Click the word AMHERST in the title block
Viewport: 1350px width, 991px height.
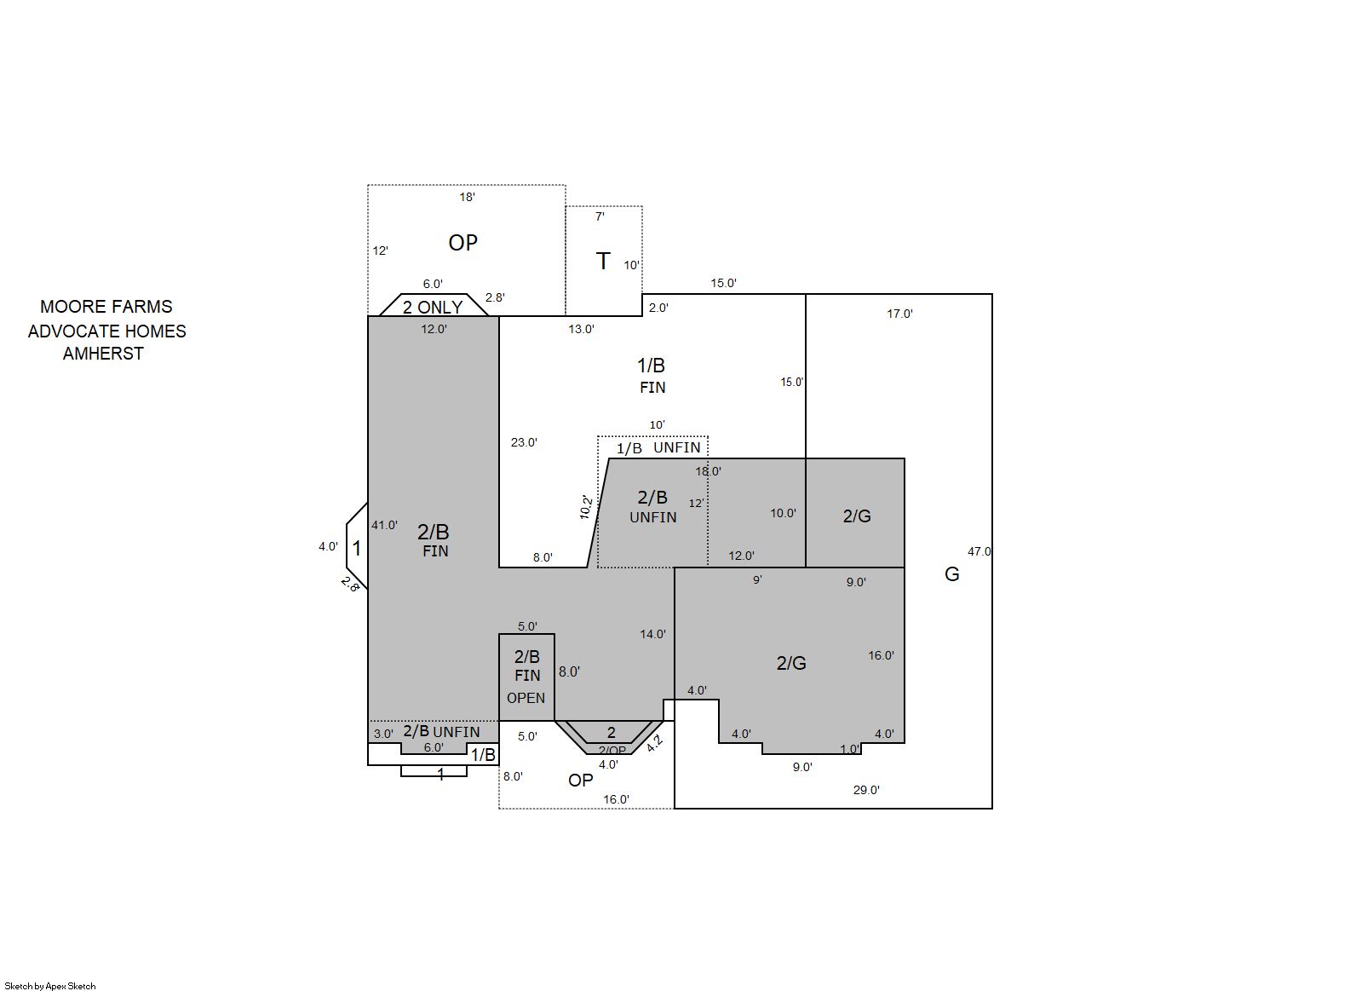coord(103,354)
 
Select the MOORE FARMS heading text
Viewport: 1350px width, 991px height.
coord(106,307)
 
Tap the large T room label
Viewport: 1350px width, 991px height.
coord(603,262)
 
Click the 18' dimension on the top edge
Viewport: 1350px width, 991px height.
coord(467,197)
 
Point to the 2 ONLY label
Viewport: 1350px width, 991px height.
coord(432,308)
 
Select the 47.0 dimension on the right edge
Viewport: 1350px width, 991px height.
coord(979,551)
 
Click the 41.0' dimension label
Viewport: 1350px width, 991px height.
coord(384,525)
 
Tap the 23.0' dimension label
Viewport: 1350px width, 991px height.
coord(524,442)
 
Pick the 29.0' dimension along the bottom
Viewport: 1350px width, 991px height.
coord(866,790)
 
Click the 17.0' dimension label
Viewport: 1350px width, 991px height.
coord(899,314)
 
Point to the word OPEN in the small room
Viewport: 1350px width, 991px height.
coord(526,698)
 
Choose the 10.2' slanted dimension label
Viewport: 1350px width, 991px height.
coord(586,507)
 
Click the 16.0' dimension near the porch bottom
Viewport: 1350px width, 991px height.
coord(616,799)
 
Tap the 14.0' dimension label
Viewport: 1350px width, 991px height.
coord(652,634)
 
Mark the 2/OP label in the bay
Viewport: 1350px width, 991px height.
coord(612,751)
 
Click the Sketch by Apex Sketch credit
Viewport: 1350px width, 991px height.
coord(50,986)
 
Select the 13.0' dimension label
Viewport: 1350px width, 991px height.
coord(581,329)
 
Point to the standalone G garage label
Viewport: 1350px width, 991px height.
coord(951,574)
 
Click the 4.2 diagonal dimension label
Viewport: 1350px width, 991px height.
coord(654,743)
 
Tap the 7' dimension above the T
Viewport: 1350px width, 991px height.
coord(600,216)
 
